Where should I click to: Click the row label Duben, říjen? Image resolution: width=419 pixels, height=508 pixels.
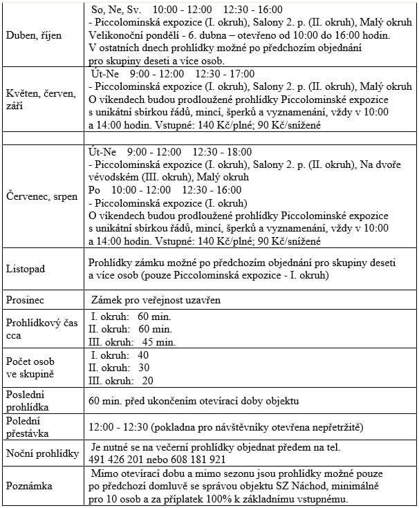32,35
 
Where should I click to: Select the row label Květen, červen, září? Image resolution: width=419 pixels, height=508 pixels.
41,100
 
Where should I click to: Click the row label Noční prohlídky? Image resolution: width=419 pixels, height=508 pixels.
41,453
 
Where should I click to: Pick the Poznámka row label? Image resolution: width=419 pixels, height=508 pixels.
29,486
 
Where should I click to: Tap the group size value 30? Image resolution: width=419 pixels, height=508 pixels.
144,368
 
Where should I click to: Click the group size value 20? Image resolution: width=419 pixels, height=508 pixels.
147,380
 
